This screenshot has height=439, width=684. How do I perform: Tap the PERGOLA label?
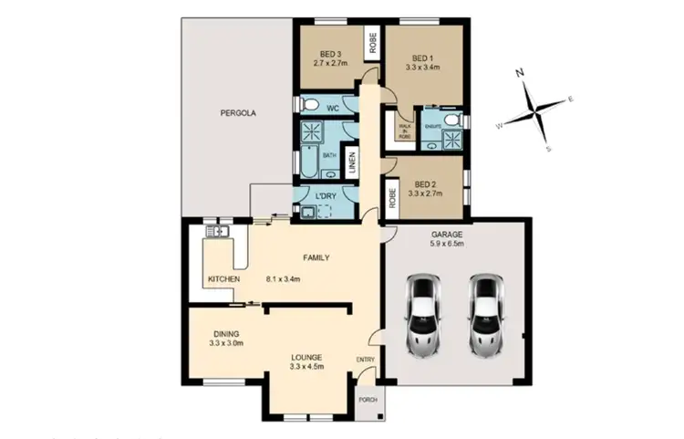point(238,114)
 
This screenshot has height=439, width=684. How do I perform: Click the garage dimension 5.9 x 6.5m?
point(447,244)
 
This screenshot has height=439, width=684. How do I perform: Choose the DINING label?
point(226,333)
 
